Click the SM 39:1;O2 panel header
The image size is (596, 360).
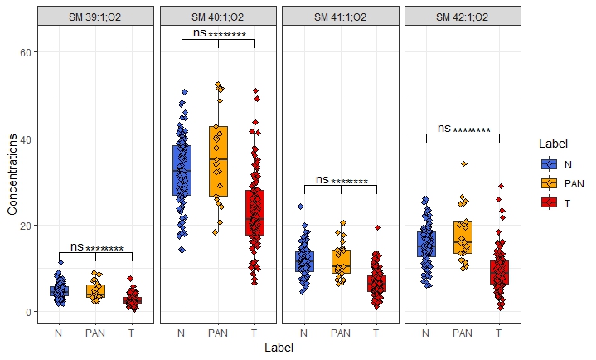pyautogui.click(x=95, y=17)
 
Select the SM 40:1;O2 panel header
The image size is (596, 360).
pyautogui.click(x=218, y=17)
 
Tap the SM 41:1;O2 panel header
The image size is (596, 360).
pyautogui.click(x=341, y=17)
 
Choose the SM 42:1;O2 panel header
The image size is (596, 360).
pyautogui.click(x=463, y=17)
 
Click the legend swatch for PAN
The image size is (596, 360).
pyautogui.click(x=547, y=182)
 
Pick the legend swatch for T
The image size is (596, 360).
pyautogui.click(x=547, y=202)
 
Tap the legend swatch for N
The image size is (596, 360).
pyautogui.click(x=547, y=163)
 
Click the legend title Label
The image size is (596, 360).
pyautogui.click(x=551, y=143)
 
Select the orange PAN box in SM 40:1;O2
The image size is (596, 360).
pyautogui.click(x=218, y=161)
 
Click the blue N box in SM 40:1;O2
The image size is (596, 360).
pyautogui.click(x=182, y=170)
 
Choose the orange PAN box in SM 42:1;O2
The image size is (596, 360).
pyautogui.click(x=463, y=236)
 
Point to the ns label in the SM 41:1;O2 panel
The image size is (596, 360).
pyautogui.click(x=322, y=178)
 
